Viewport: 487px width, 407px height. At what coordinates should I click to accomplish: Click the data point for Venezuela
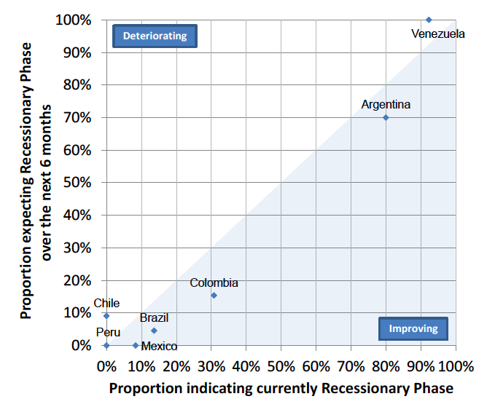coord(429,20)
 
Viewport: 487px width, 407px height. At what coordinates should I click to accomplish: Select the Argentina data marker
coord(386,117)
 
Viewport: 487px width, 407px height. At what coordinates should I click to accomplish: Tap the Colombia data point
coord(214,295)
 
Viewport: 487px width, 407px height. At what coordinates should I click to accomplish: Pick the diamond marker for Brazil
coord(154,331)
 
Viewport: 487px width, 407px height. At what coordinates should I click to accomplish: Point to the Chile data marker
coord(106,316)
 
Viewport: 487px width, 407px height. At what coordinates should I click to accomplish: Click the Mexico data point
coord(136,345)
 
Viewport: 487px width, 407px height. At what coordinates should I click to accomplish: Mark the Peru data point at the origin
coord(106,345)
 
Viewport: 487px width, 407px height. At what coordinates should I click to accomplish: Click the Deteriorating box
coord(155,36)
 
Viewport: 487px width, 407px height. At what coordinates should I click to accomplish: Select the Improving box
coord(413,328)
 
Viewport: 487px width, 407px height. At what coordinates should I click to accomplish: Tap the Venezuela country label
coord(437,33)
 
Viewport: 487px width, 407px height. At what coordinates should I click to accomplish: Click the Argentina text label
coord(386,104)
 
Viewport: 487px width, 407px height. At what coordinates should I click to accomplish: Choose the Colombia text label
coord(214,283)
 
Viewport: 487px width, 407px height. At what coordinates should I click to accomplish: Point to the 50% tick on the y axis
coord(76,183)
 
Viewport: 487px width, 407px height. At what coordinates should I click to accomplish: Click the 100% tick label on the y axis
coord(73,20)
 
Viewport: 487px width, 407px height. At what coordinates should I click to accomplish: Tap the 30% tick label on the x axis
coord(211,364)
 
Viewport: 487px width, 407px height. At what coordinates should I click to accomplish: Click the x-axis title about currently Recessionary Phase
coord(281,388)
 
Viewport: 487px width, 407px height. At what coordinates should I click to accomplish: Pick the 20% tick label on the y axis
coord(76,280)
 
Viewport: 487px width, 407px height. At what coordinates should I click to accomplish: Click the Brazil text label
coord(154,318)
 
